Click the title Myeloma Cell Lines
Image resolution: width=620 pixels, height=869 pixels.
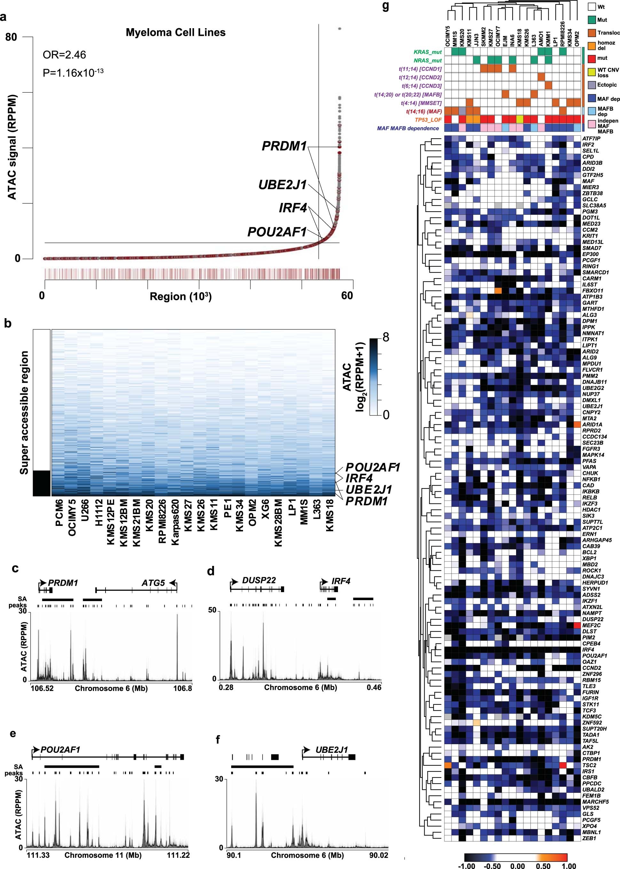176,32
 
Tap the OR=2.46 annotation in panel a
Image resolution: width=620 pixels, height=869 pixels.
64,55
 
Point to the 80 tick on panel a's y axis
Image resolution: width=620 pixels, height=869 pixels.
12,37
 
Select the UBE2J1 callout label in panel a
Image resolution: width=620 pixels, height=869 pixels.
283,185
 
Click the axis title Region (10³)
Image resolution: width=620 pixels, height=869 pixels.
181,296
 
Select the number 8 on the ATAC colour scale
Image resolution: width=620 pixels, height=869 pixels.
386,337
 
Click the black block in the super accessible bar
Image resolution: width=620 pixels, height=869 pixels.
42,483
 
